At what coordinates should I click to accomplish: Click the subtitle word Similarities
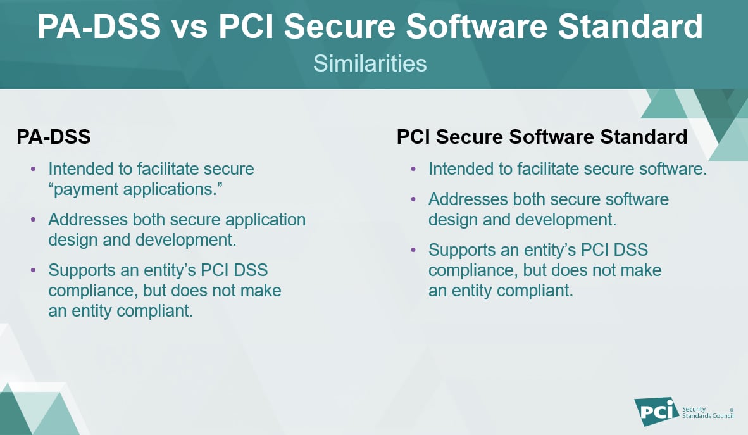click(x=370, y=64)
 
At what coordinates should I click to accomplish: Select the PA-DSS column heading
click(x=54, y=137)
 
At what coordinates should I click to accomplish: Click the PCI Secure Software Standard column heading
click(x=542, y=137)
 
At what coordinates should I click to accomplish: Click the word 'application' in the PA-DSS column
click(x=262, y=220)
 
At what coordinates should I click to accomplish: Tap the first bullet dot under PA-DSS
click(x=34, y=169)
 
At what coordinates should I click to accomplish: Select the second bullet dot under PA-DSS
click(x=34, y=220)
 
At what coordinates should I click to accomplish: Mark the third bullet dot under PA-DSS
click(x=34, y=270)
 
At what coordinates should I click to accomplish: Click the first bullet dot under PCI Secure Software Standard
click(x=413, y=169)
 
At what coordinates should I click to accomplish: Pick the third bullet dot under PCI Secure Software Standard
click(x=413, y=249)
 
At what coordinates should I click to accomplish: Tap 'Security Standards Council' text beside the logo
click(x=707, y=412)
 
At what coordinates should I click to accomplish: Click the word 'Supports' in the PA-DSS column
click(x=87, y=270)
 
